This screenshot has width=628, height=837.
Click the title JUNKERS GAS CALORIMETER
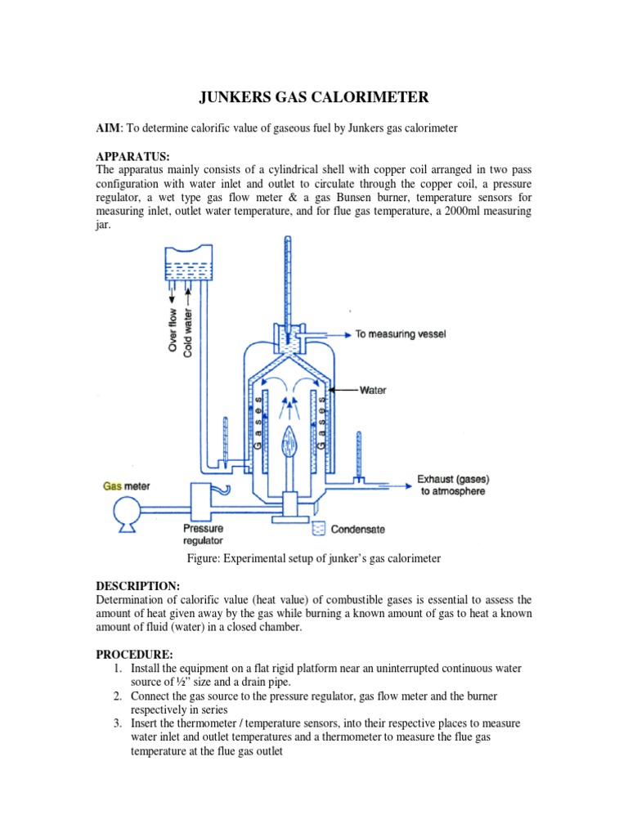[x=314, y=99]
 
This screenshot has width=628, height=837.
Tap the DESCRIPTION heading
[x=138, y=586]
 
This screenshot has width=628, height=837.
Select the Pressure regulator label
[x=204, y=535]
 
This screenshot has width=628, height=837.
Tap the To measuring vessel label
[x=400, y=334]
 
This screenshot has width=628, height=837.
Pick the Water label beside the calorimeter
[x=373, y=391]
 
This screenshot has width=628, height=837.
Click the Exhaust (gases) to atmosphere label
[x=451, y=485]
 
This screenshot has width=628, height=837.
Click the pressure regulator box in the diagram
[x=202, y=499]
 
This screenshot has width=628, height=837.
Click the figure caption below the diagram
[x=314, y=558]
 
